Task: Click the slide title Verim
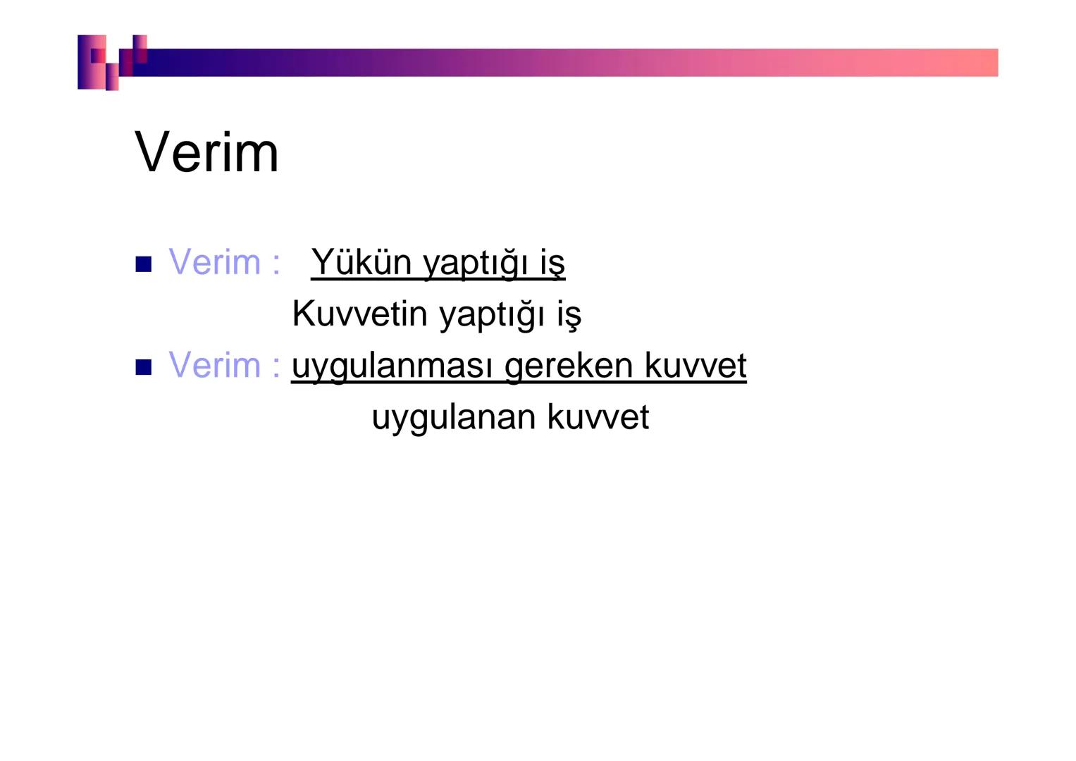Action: [206, 152]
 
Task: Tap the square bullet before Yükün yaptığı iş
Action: [143, 264]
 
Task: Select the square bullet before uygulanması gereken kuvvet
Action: [143, 367]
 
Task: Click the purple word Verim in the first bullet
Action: [214, 262]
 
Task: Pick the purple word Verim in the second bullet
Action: [214, 365]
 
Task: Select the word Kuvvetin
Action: [359, 314]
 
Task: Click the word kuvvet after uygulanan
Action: [598, 416]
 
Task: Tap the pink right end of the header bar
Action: [972, 62]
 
